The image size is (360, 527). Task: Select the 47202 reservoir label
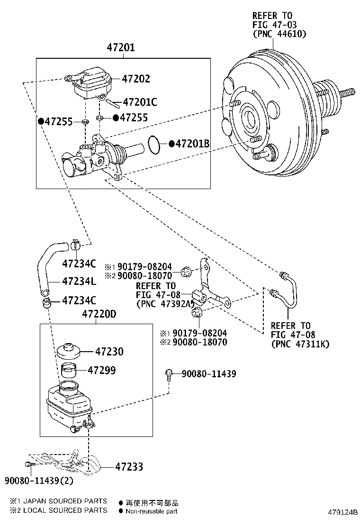pos(136,79)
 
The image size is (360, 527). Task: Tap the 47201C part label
pos(140,102)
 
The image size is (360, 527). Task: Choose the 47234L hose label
pos(79,281)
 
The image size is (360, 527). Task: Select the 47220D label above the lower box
pos(99,314)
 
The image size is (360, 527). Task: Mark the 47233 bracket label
pos(129,467)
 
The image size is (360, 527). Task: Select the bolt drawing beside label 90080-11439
pos(169,374)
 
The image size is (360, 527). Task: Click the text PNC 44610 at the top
pos(279,34)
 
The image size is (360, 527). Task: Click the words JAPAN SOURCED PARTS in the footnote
pos(64,501)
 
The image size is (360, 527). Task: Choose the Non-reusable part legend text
pos(152,511)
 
